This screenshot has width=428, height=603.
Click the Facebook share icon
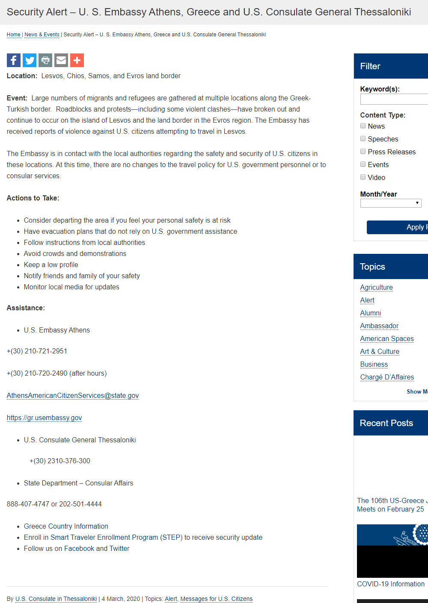pos(14,60)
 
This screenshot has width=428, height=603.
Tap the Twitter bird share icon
pos(30,60)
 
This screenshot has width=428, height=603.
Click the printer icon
pos(45,60)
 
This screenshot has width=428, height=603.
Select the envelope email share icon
pos(61,60)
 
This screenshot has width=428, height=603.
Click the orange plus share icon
pos(77,60)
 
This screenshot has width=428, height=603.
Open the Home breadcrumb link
pos(14,35)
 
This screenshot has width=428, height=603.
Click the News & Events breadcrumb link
pos(42,35)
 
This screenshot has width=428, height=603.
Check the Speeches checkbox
pos(363,139)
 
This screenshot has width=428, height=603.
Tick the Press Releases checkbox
pos(363,152)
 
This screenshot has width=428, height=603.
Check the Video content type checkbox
pos(363,177)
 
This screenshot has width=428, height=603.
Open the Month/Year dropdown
pos(391,203)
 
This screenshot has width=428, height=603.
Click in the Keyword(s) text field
pos(394,99)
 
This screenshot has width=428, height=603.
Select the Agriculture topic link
pos(376,288)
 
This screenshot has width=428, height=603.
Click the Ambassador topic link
pos(379,326)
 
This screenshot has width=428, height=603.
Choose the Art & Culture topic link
pos(380,352)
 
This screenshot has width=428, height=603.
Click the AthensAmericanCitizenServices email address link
pos(73,396)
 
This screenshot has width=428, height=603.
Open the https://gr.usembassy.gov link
pos(44,418)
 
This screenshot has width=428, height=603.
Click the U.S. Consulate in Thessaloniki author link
pos(56,599)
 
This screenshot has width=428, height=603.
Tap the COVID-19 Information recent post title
pos(391,584)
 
